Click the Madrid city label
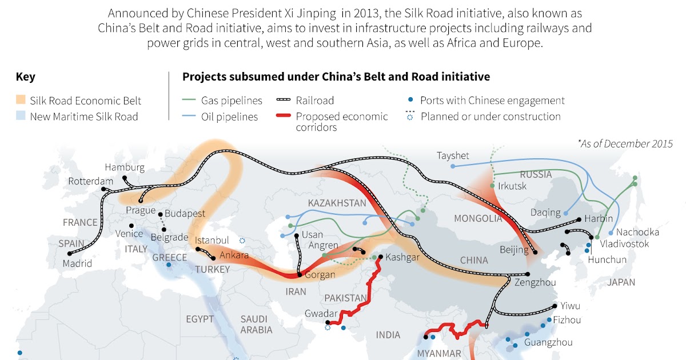(77, 263)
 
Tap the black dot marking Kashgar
(380, 257)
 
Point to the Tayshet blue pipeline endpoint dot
(453, 166)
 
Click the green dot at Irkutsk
(492, 186)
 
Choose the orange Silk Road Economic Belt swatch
(21, 101)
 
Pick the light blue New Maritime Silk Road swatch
(21, 117)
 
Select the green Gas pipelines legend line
(189, 101)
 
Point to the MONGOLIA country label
(477, 218)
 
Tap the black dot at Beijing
(535, 251)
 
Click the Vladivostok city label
(624, 244)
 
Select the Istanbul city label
(212, 240)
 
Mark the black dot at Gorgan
(298, 275)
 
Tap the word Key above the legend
(25, 77)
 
